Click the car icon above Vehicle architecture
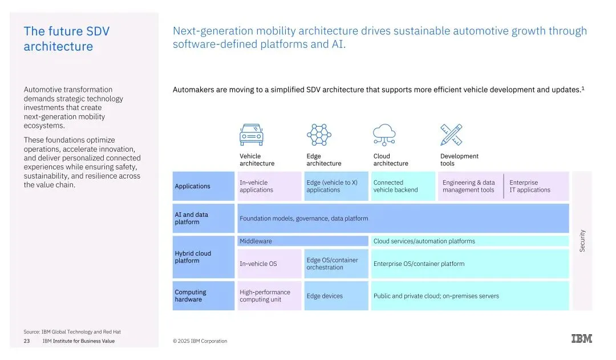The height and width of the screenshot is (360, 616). pos(251,135)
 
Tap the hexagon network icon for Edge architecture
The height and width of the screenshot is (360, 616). pos(318,135)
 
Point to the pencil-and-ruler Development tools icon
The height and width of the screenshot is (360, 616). pos(451,135)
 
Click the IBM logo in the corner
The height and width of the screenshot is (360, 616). pos(582,339)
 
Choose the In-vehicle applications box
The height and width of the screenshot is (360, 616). pos(269,187)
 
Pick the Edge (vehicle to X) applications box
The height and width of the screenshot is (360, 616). pos(336,187)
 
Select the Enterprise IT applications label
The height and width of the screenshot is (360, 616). pos(530,187)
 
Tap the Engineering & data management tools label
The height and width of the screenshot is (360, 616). pos(469,187)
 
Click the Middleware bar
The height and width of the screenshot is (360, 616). pos(303,241)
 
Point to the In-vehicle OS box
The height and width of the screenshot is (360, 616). pos(269,264)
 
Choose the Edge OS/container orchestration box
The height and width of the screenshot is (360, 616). pos(336,264)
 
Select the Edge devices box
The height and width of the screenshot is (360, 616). pos(336,296)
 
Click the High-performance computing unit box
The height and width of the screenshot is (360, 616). pos(269,296)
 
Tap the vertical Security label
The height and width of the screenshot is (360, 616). pos(582,241)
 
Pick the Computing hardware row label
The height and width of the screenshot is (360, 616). pos(203,296)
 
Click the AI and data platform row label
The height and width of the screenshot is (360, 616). pos(203,219)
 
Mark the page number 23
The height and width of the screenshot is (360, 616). pos(27,341)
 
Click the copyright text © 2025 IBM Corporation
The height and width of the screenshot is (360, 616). pos(200,341)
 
